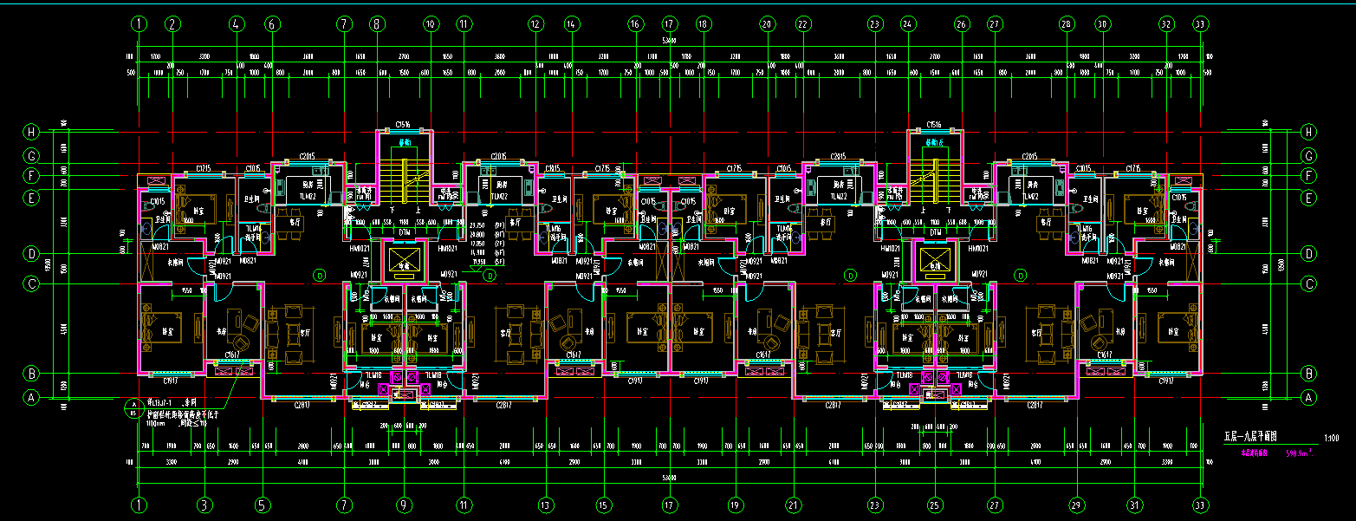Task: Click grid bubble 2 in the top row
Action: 172,24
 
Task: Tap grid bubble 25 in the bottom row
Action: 934,504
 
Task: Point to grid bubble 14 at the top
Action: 570,24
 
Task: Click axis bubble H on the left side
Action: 32,133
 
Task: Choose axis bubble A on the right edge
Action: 1309,398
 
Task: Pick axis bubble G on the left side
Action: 32,156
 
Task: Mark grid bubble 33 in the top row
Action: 1200,24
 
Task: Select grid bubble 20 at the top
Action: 767,24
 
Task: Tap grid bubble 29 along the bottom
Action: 1077,504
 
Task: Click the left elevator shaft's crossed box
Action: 402,259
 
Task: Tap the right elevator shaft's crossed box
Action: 934,259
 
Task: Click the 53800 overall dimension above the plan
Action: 669,41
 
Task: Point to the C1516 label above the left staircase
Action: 402,125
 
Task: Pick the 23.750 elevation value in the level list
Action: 476,225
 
